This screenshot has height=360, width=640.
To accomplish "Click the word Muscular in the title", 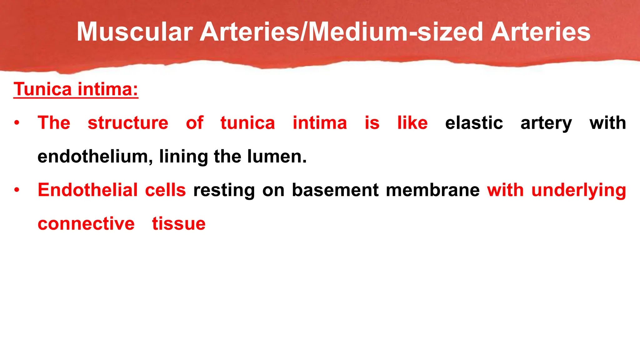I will click(135, 32).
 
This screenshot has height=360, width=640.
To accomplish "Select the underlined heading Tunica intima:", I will click(76, 89).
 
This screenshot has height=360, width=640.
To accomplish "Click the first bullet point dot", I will click(17, 123).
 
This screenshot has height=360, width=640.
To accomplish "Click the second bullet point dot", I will click(17, 190).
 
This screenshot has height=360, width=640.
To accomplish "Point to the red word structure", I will click(128, 123).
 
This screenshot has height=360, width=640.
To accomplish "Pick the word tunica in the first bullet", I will click(247, 123).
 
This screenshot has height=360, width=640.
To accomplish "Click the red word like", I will click(412, 123).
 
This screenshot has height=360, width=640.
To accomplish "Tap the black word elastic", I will click(474, 123).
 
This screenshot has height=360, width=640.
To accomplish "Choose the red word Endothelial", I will click(87, 190).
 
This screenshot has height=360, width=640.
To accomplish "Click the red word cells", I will click(165, 190).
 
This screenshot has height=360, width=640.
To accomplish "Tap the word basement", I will click(335, 190).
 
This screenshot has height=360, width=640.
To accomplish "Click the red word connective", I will click(86, 224).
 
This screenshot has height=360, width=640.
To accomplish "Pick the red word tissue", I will click(178, 224).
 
